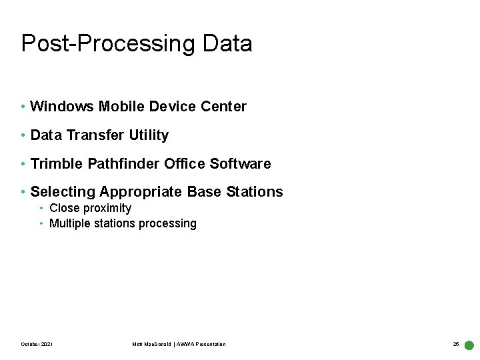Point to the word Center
tap(225, 107)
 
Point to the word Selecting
tap(63, 192)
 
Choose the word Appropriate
tap(141, 192)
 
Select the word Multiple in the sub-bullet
tap(69, 223)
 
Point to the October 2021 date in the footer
tap(37, 344)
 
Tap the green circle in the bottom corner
tap(469, 345)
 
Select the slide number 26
tap(456, 344)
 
